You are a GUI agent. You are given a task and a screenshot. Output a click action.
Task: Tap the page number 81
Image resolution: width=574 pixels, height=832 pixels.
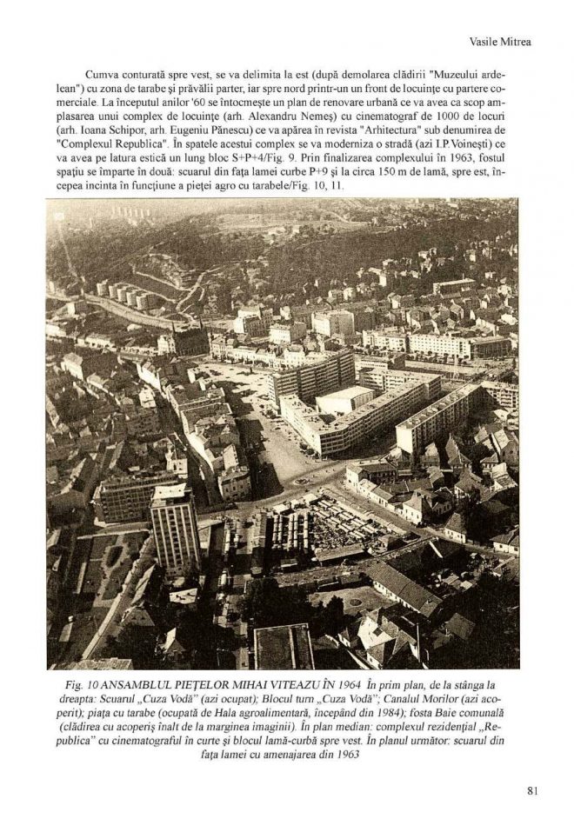pos(533,790)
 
